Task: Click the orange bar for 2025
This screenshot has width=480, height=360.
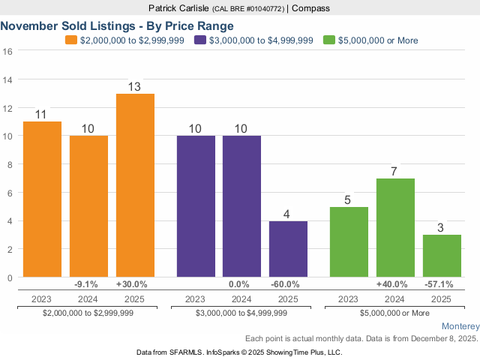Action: click(x=135, y=185)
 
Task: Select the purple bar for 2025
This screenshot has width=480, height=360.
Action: click(x=288, y=249)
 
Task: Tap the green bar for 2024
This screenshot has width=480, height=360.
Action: click(x=395, y=228)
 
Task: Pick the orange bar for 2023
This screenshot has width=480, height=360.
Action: click(x=42, y=199)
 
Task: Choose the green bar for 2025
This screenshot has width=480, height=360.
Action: click(x=442, y=256)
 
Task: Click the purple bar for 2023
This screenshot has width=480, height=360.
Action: click(x=196, y=206)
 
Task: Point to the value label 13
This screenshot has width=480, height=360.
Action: click(x=135, y=86)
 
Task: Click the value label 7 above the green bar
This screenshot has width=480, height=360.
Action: click(x=395, y=171)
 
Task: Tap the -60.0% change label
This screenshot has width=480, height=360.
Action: click(x=288, y=284)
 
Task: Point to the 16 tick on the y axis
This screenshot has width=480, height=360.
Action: click(x=8, y=52)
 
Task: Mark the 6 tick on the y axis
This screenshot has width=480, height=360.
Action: click(x=8, y=193)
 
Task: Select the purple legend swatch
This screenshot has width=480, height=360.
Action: click(x=199, y=40)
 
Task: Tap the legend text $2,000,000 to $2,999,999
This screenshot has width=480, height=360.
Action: click(x=133, y=40)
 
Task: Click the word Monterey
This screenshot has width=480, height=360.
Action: click(x=459, y=326)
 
